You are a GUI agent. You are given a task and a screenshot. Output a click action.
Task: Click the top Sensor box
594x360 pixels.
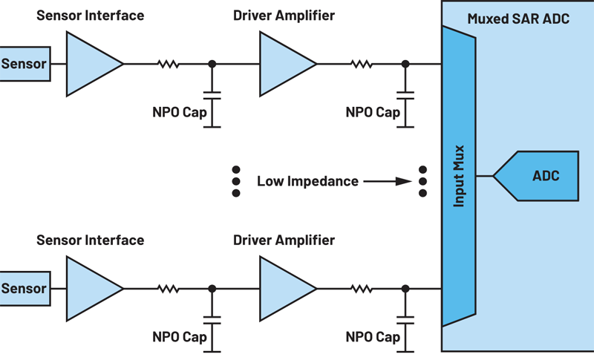25,64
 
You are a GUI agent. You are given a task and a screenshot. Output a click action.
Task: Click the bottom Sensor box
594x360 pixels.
25,288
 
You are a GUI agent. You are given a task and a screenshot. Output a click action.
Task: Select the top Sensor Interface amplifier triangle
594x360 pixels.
91,64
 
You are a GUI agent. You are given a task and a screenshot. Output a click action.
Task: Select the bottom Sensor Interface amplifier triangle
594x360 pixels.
91,288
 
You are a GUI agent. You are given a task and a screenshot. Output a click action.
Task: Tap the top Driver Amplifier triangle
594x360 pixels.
284,64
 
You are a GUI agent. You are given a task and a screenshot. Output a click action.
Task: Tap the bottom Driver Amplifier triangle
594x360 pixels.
284,288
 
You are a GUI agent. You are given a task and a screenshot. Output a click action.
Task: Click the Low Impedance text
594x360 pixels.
307,180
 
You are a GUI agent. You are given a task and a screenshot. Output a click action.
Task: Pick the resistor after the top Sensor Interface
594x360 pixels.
168,64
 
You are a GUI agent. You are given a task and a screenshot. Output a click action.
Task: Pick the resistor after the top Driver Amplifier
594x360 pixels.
362,64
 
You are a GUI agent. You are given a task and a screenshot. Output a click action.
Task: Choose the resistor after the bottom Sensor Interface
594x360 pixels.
168,288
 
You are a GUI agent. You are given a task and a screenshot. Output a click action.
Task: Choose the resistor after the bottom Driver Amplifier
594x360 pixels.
362,288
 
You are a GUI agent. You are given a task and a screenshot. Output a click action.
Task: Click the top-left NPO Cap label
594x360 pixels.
179,113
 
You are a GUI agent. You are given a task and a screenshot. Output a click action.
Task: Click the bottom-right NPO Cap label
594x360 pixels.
373,337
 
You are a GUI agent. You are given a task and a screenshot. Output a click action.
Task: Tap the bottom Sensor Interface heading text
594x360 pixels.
91,240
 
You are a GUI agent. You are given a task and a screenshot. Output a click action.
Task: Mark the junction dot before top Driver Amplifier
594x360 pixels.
212,64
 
